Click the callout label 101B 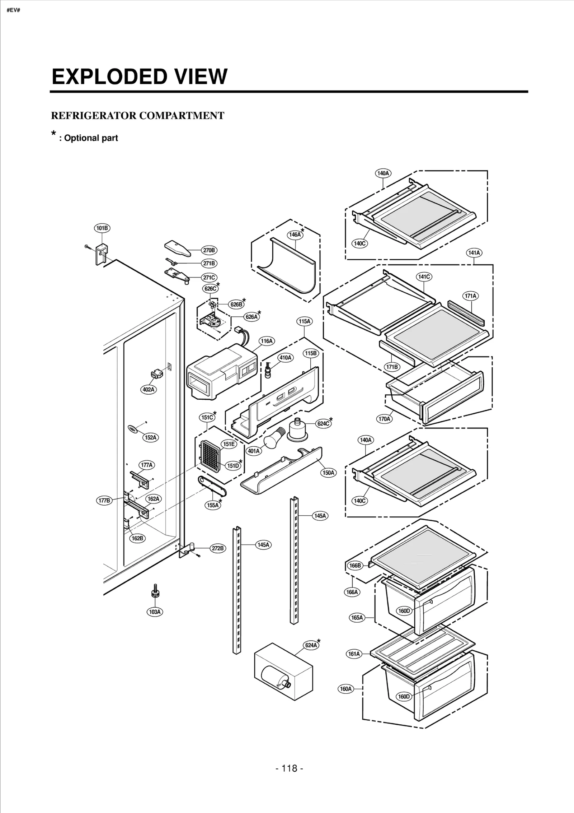[102, 228]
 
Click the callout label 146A [295, 235]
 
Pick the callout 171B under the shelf [391, 367]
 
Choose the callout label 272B [217, 548]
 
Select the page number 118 [290, 768]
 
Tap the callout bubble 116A [267, 341]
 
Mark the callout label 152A [151, 437]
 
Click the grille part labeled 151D [210, 456]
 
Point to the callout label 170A [384, 419]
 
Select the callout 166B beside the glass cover [355, 566]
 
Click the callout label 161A [354, 654]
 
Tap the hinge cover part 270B [178, 248]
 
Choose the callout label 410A [286, 358]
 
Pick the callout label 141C [424, 277]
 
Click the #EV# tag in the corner [13, 10]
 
